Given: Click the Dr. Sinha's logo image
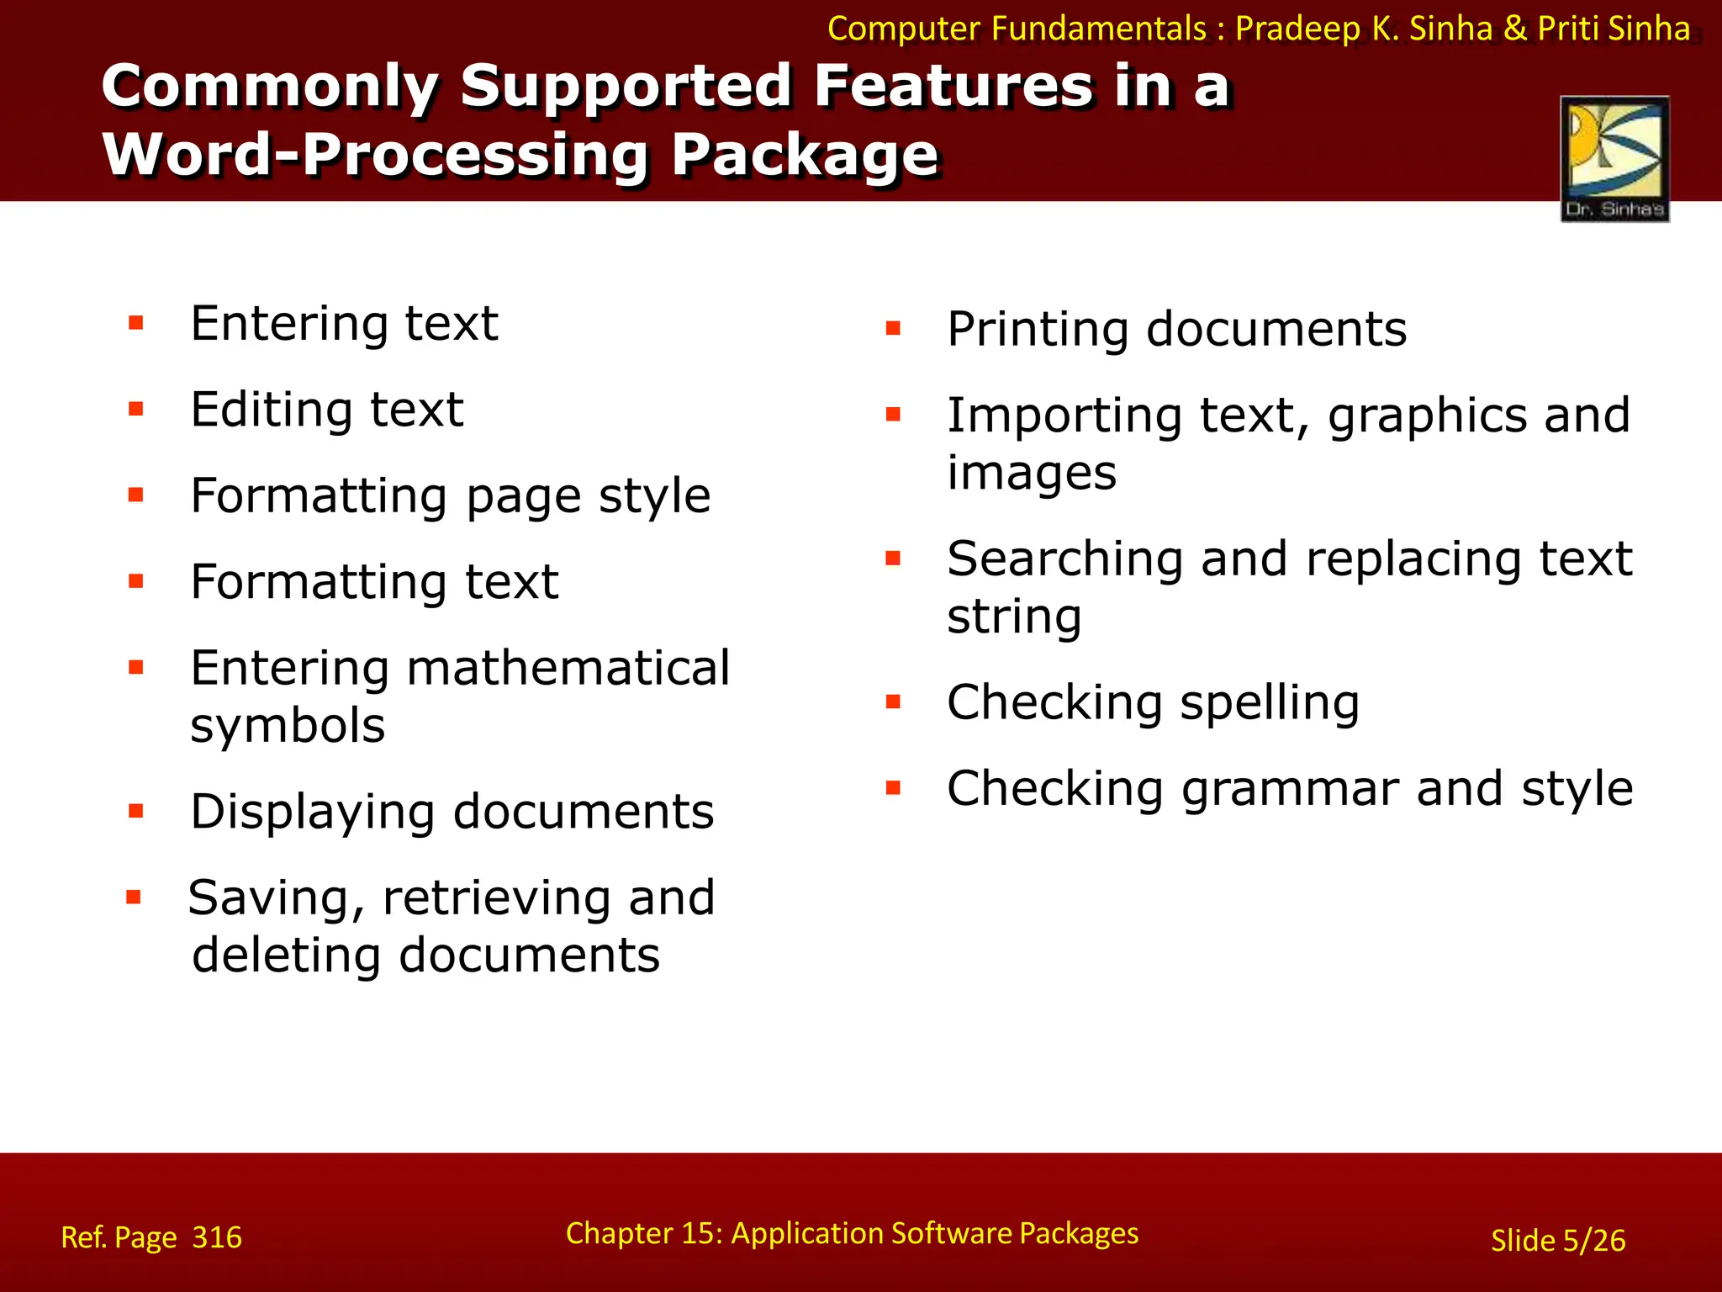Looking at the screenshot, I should pos(1614,159).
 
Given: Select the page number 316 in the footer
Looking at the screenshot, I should pos(217,1237).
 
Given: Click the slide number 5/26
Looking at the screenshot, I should pos(1593,1241).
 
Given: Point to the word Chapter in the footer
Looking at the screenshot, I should pos(620,1233).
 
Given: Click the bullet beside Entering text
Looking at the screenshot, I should pos(136,323).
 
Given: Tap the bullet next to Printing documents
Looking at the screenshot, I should pos(893,328).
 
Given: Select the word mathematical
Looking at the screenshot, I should pos(568,668).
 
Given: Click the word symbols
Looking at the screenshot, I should pos(288,725).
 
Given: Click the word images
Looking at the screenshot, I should pos(1032,473).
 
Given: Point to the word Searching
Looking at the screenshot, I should pos(1064,559).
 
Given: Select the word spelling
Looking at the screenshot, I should pos(1270,703).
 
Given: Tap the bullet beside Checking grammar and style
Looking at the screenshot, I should pos(893,788).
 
